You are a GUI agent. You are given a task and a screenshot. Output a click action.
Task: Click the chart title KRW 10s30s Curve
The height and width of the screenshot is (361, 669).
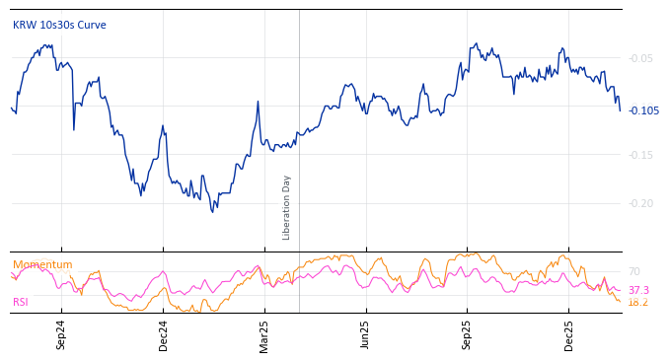click(x=59, y=25)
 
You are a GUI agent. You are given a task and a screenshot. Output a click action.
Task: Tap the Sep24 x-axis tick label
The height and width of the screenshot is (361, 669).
click(x=61, y=335)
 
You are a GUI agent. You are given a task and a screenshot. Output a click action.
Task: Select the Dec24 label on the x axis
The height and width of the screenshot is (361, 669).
click(x=164, y=335)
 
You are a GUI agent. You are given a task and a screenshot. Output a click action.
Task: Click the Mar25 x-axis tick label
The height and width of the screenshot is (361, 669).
click(x=264, y=335)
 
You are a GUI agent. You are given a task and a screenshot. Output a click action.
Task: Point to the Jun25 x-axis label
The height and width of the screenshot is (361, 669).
click(x=365, y=335)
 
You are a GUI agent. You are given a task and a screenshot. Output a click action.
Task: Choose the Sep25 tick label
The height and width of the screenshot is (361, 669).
click(x=467, y=335)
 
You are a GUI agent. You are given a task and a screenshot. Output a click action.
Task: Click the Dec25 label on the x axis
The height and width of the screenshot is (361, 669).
click(x=568, y=335)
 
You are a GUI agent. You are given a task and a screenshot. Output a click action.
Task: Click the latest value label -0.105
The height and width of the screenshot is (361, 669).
click(x=643, y=110)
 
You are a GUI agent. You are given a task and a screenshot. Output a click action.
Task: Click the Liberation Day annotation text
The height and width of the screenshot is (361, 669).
click(x=287, y=207)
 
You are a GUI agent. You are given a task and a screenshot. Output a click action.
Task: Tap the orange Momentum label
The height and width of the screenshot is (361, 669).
click(x=42, y=264)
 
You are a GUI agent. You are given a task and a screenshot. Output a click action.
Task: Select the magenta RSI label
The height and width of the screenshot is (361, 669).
click(x=21, y=302)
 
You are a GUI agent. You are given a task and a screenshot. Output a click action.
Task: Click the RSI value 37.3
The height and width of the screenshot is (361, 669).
click(x=638, y=290)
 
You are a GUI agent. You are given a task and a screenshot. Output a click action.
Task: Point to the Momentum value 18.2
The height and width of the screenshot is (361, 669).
click(x=638, y=302)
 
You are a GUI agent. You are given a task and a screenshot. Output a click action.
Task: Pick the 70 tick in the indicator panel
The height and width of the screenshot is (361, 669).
click(x=634, y=271)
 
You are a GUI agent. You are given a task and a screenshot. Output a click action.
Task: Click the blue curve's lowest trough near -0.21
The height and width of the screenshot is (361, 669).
click(x=212, y=211)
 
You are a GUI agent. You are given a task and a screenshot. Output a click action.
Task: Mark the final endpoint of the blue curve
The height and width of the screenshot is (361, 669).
click(x=620, y=110)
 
